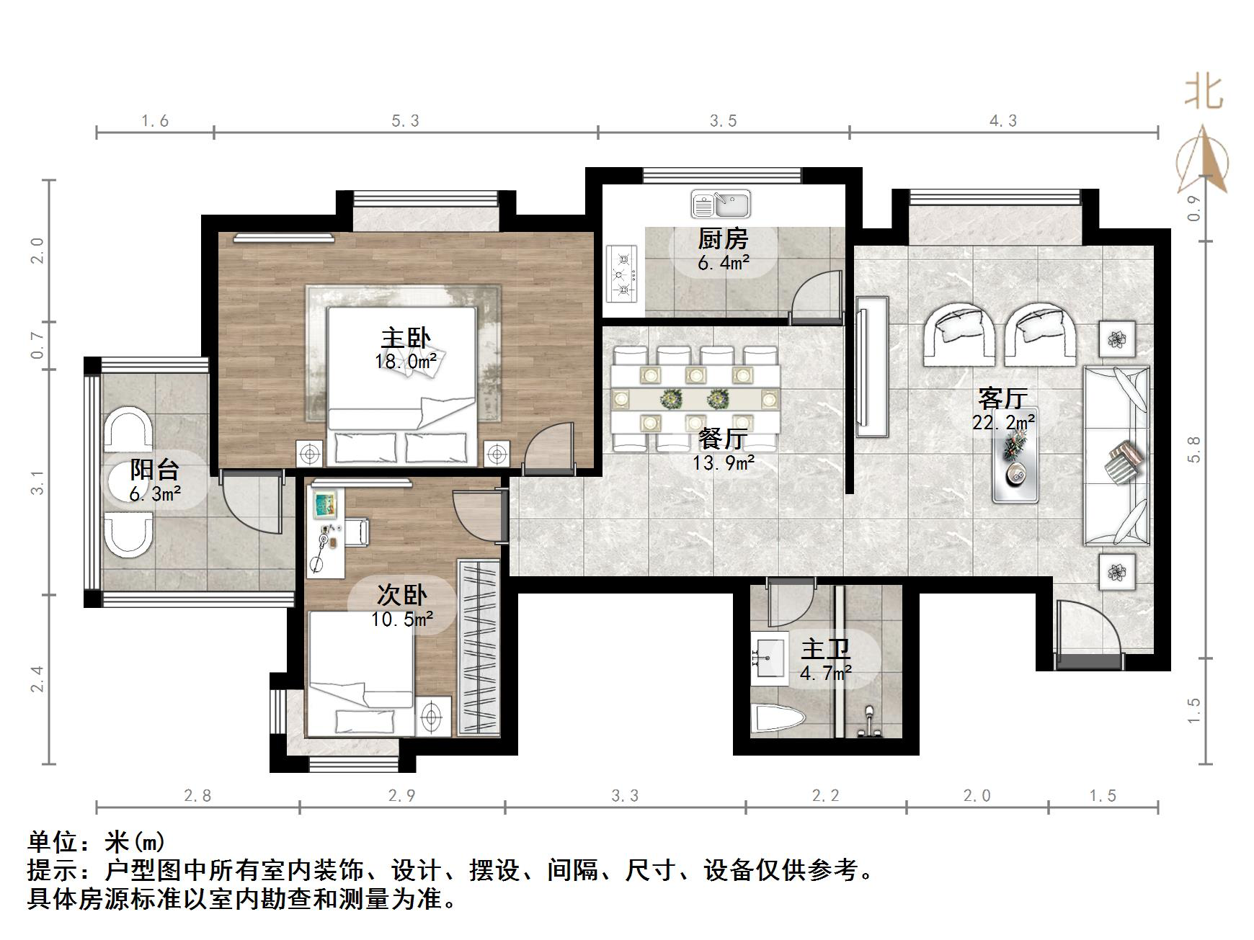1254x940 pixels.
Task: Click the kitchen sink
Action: point(720,204)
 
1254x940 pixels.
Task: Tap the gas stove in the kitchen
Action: point(622,274)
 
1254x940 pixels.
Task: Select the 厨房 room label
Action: point(723,238)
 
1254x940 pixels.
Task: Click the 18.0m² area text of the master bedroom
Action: point(406,362)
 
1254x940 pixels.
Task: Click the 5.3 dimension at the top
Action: point(405,121)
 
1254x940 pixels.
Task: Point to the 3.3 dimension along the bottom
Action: point(625,796)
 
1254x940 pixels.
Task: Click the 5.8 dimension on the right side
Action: point(1194,449)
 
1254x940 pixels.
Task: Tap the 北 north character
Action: point(1204,93)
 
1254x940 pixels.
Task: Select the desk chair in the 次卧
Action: point(356,532)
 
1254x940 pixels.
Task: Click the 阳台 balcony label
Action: point(154,470)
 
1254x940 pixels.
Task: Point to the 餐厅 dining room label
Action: point(723,439)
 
